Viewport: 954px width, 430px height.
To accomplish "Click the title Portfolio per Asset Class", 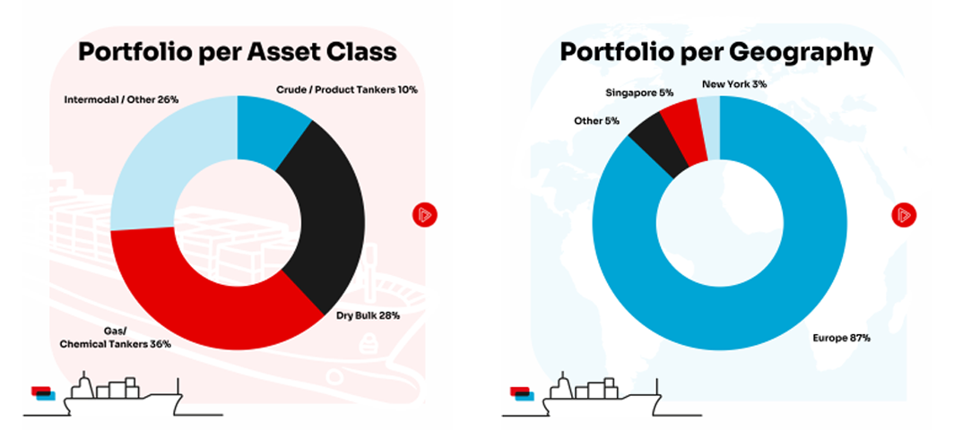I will pos(237,52).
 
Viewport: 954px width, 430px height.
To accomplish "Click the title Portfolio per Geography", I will pos(715,52).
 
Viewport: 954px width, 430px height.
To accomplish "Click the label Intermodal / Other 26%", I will pos(121,99).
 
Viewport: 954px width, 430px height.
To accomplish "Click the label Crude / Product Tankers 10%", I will pos(344,90).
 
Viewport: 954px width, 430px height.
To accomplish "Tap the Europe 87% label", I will pos(839,339).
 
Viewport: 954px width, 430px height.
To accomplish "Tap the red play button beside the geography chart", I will pos(903,215).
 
